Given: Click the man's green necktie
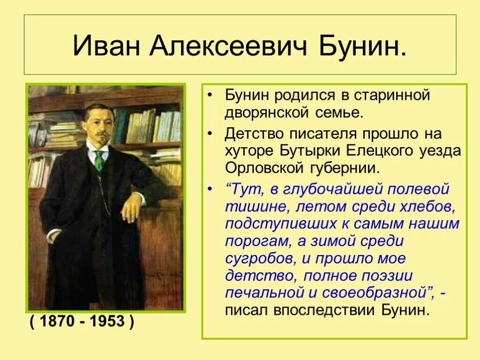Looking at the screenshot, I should pos(99,160).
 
